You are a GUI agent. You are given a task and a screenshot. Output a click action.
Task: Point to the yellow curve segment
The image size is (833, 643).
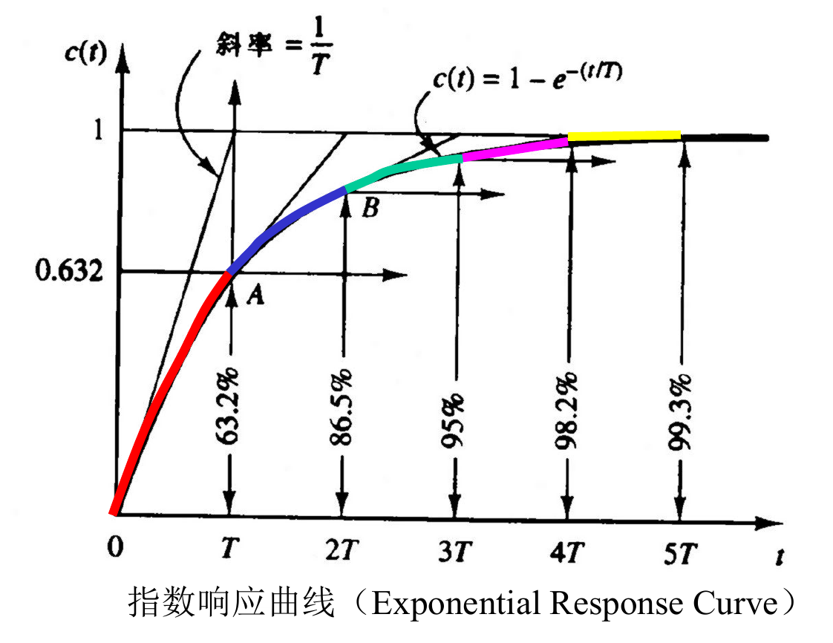click(x=624, y=136)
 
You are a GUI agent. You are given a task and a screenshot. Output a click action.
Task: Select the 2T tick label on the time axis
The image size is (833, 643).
click(x=342, y=550)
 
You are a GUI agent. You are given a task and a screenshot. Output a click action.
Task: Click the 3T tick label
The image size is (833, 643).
click(x=454, y=552)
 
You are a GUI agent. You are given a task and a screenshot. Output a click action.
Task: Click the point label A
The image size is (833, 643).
click(x=254, y=296)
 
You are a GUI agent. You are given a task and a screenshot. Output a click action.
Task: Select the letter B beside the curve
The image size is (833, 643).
click(x=370, y=209)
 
